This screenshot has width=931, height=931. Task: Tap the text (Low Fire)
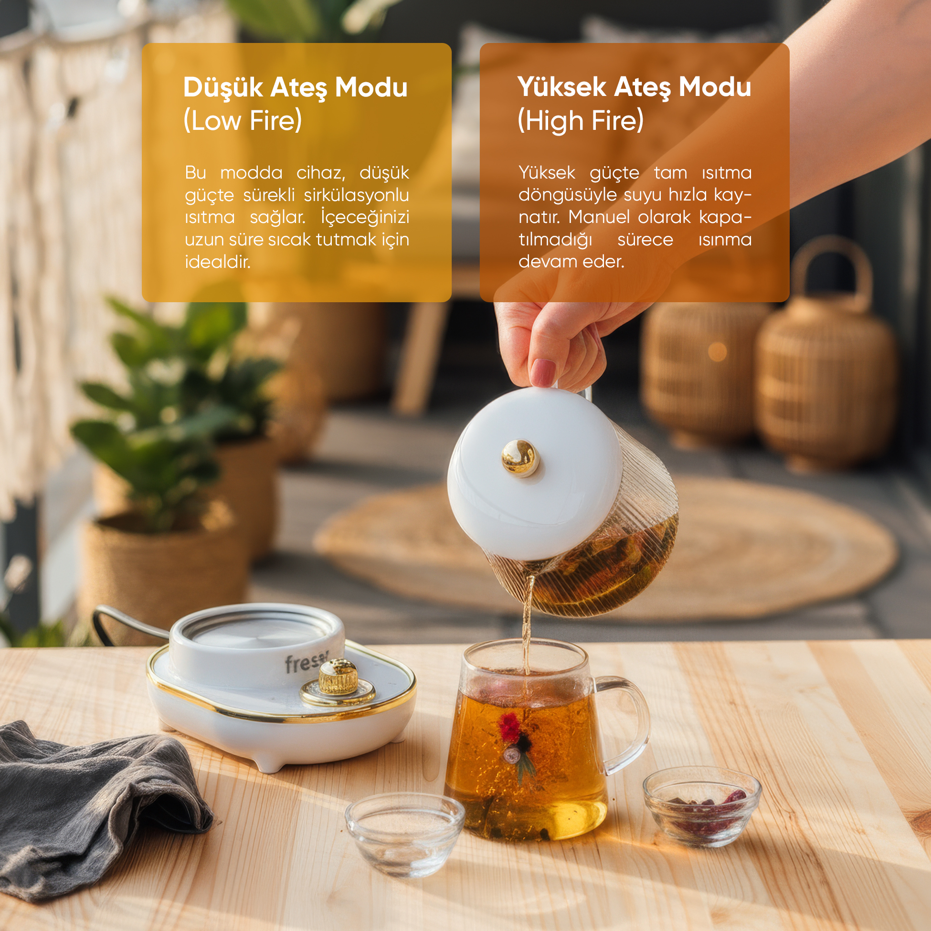(243, 120)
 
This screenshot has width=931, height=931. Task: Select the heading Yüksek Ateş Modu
(634, 88)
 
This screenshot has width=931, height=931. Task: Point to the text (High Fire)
(581, 120)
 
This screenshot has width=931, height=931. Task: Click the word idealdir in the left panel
(217, 262)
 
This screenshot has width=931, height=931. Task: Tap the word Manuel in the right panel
(599, 217)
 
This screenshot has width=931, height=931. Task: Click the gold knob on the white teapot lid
(519, 456)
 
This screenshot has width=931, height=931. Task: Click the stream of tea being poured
(528, 624)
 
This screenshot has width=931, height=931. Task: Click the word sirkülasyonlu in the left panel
(357, 195)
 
